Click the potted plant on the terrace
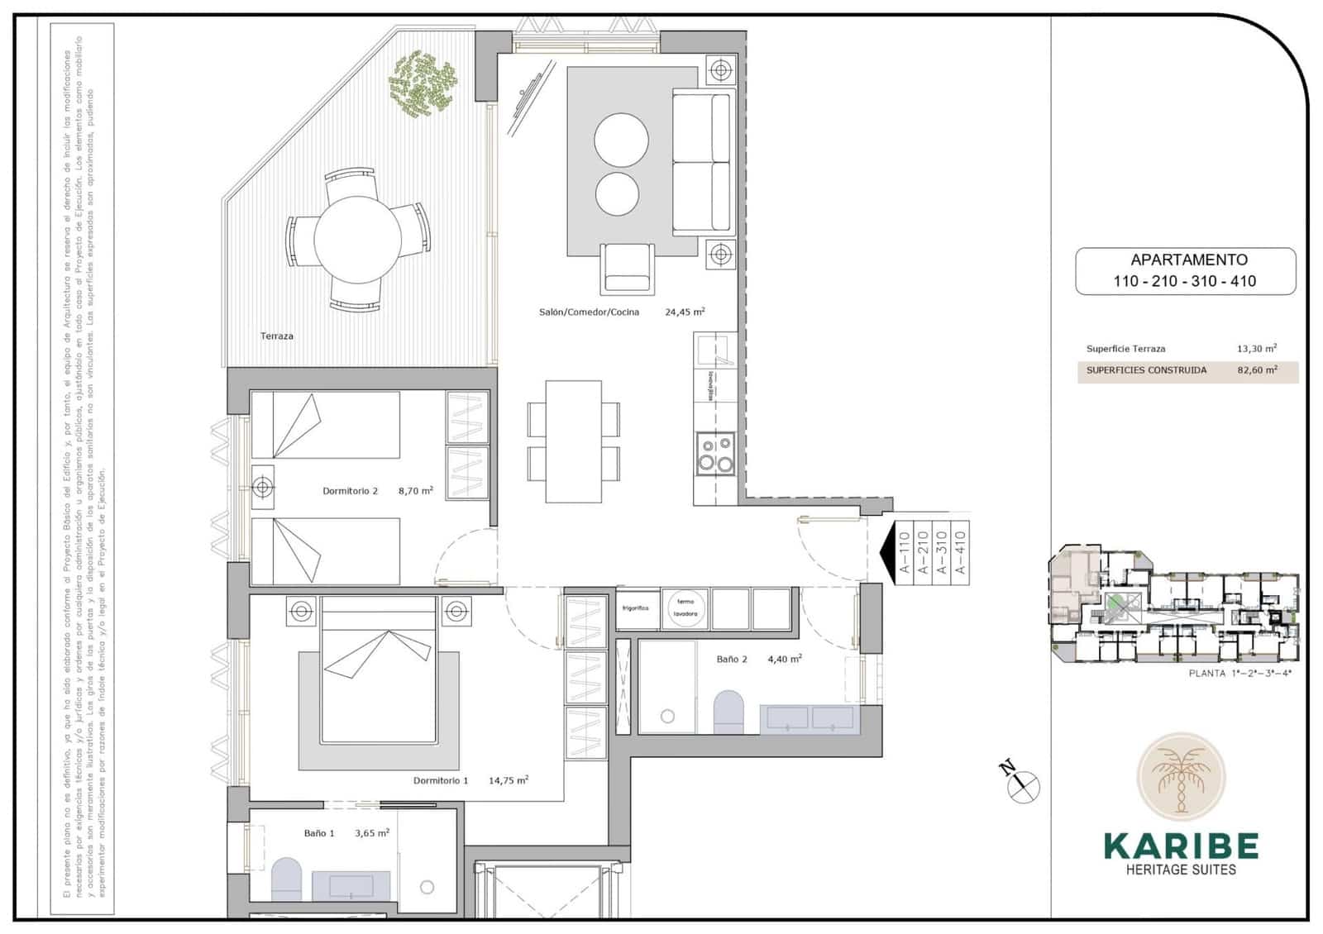423,82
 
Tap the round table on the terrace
358,239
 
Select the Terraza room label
276,336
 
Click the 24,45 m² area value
685,312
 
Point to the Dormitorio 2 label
350,491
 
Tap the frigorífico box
636,608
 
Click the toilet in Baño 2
728,712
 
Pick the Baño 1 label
319,833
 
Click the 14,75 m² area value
509,780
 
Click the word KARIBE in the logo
1181,846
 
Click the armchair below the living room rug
629,267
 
